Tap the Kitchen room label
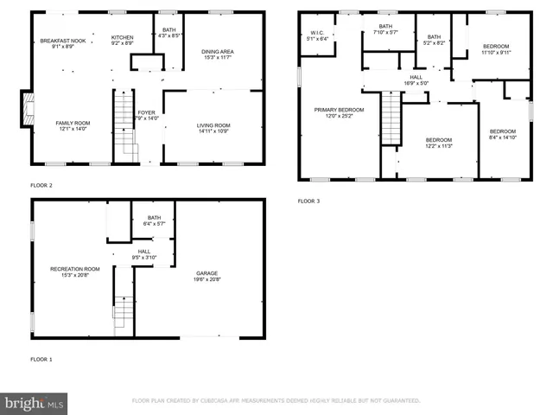point(122,38)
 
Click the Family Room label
point(73,123)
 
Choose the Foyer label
point(147,113)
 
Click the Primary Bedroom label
point(339,110)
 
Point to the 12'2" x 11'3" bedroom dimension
point(438,146)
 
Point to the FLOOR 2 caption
point(41,185)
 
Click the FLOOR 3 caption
point(308,201)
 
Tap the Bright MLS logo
point(35,403)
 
